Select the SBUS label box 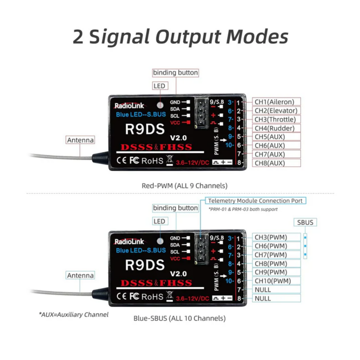305,222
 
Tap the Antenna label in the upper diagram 80,140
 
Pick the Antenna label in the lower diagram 80,275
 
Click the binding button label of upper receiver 175,73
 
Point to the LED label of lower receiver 159,221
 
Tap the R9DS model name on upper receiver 145,129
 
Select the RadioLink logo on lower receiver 129,242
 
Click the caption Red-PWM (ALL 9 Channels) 185,186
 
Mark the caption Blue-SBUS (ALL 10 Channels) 180,318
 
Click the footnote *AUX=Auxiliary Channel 73,315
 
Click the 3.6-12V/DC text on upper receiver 193,163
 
